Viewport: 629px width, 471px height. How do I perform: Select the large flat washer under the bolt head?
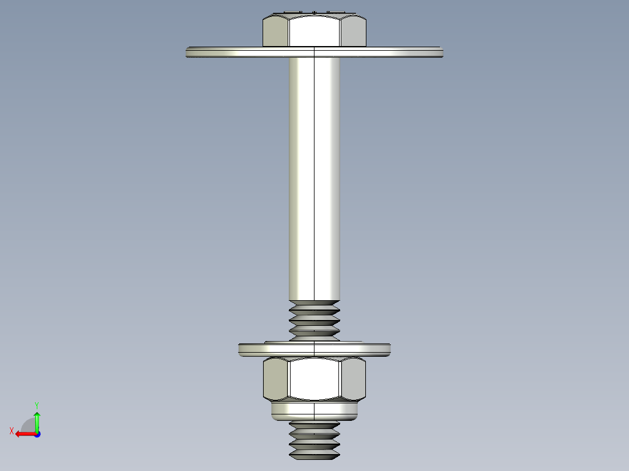point(233,52)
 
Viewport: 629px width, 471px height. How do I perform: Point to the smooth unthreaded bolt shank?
point(314,175)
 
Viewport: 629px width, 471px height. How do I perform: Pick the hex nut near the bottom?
point(314,379)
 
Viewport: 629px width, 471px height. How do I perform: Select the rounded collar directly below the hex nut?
point(314,411)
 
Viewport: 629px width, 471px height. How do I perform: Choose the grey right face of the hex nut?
point(353,379)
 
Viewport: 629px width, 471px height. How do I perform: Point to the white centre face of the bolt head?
point(314,31)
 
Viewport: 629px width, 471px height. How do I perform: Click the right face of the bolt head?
point(353,32)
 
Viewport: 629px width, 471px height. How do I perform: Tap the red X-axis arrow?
point(24,434)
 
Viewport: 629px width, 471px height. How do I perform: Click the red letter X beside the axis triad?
point(11,431)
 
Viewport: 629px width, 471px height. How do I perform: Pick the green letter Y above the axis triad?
point(36,405)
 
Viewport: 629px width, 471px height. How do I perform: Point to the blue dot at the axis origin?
point(37,434)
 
